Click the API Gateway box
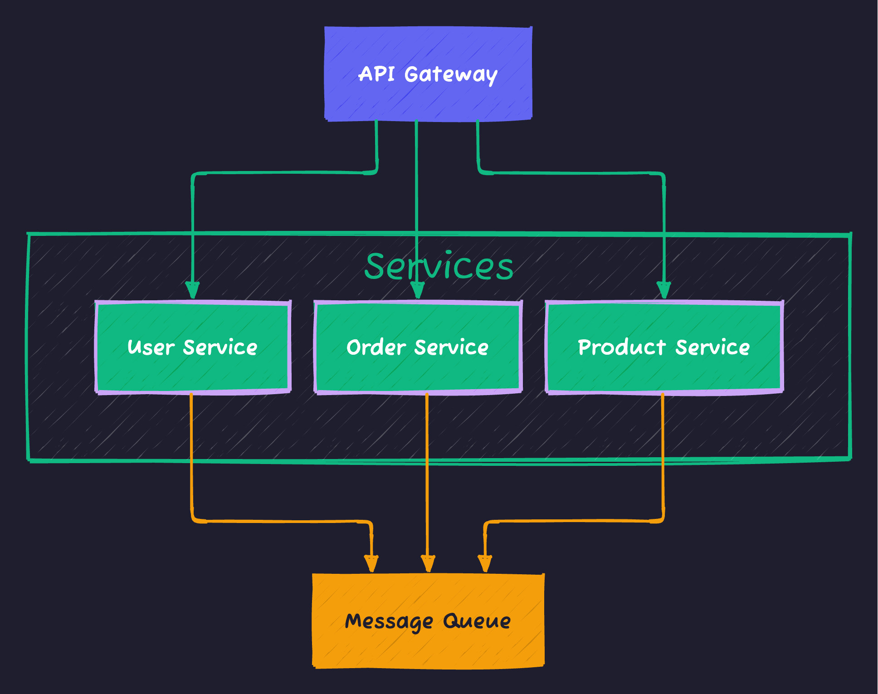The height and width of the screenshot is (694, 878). (x=428, y=98)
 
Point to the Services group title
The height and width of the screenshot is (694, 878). (x=439, y=267)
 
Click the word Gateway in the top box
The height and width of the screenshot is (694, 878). (x=451, y=74)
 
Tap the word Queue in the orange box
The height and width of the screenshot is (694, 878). (x=477, y=621)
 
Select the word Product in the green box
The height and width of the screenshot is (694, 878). (x=622, y=347)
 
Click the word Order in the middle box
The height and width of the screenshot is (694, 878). (x=376, y=347)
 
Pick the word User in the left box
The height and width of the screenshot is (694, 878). (x=151, y=347)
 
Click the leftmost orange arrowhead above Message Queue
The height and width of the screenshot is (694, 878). (x=371, y=564)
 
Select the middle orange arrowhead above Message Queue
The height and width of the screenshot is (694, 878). (x=428, y=564)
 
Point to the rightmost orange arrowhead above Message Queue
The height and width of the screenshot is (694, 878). (x=485, y=564)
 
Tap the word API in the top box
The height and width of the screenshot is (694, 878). (x=376, y=74)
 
